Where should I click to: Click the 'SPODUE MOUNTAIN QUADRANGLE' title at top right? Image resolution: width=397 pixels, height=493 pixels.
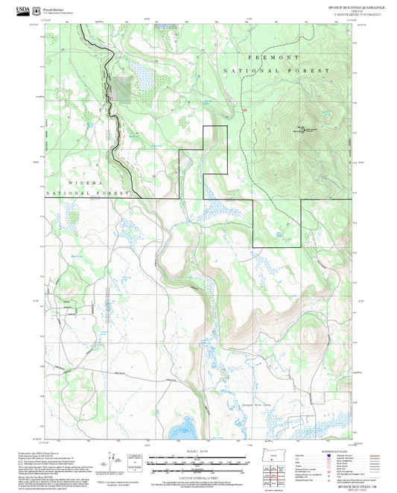click(x=352, y=6)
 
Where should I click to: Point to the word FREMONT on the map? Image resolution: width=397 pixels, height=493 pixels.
click(x=276, y=57)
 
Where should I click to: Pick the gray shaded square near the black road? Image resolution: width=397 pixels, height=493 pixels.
click(x=121, y=90)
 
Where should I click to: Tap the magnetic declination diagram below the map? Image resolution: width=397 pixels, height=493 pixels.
click(x=118, y=463)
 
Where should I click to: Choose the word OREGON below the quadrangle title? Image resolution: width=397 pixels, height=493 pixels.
click(x=352, y=10)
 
